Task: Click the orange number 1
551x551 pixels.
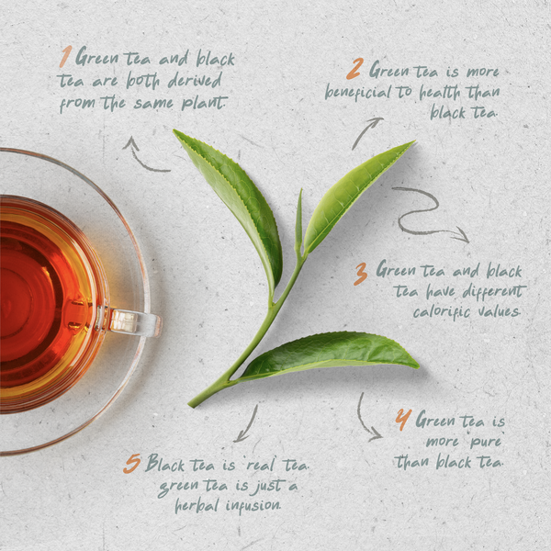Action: coord(64,58)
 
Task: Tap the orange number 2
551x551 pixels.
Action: coord(354,70)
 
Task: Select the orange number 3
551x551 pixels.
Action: coord(361,273)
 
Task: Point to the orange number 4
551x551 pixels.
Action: coord(402,421)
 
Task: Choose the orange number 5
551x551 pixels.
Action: coord(131,464)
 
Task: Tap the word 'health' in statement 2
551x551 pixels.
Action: coord(443,93)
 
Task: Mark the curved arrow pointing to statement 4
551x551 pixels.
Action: coord(367,419)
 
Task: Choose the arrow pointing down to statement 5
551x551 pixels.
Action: coord(245,423)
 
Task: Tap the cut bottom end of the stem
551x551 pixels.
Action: coord(194,401)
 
